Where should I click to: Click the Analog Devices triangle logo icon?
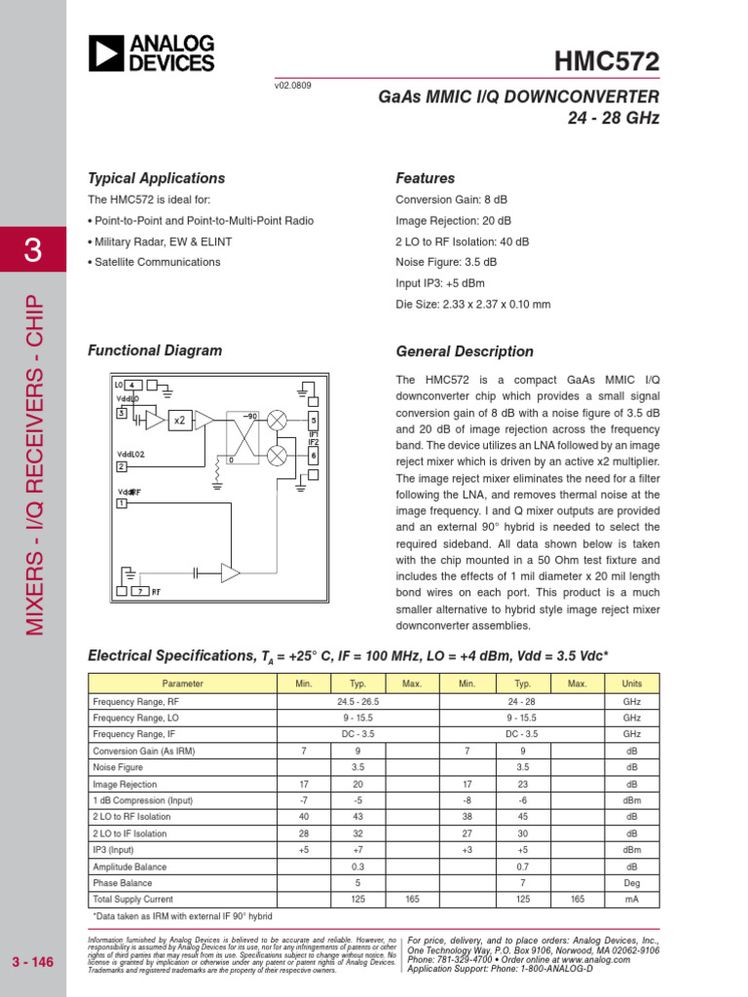(x=105, y=54)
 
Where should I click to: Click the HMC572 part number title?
(x=607, y=61)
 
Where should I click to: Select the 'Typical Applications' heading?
(x=156, y=178)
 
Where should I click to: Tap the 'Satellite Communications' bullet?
(x=157, y=262)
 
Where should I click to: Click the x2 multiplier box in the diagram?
(x=179, y=421)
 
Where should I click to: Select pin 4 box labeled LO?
(x=132, y=385)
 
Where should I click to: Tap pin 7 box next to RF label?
(x=140, y=592)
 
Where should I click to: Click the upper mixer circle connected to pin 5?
(x=277, y=420)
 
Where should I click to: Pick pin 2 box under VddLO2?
(x=122, y=466)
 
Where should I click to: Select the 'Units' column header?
(x=631, y=683)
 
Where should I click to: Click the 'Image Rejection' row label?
(x=125, y=784)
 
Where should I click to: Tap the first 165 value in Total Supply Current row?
(x=412, y=900)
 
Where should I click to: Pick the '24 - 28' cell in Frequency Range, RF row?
(x=522, y=701)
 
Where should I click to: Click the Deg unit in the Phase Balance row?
(x=631, y=883)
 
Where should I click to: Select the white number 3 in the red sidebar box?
(x=32, y=250)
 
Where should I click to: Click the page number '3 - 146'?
(x=33, y=963)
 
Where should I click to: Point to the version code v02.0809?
(x=293, y=86)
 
